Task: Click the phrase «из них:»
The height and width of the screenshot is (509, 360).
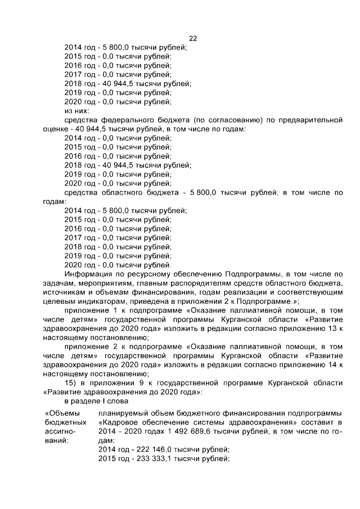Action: (x=78, y=111)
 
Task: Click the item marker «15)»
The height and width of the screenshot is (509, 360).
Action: (x=72, y=382)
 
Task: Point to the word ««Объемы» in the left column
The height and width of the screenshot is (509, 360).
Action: (x=62, y=412)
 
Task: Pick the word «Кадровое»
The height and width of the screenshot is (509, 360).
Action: (x=119, y=421)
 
